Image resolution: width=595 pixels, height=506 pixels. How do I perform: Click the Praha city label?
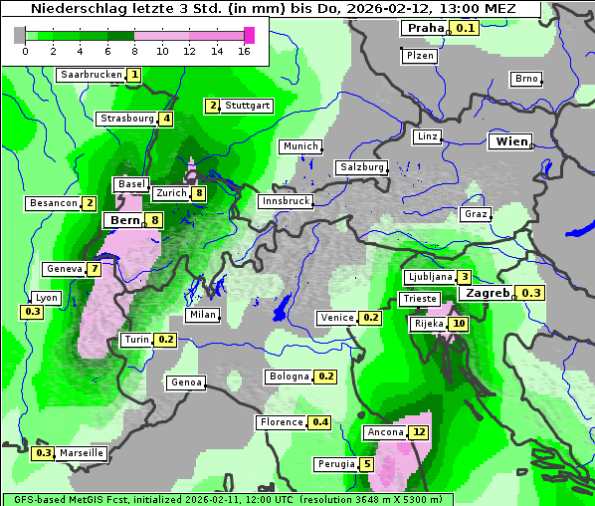(425, 28)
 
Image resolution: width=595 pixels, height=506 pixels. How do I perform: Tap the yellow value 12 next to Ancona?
(418, 432)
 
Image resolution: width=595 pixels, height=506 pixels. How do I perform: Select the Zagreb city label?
(487, 293)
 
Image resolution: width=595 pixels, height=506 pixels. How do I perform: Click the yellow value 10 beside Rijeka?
(458, 324)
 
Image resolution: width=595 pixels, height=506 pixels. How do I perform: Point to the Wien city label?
(510, 142)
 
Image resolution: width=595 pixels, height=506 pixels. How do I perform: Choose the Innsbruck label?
(286, 201)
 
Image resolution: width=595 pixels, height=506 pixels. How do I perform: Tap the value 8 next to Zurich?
(199, 193)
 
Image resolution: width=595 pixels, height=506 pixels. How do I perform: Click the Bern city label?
(124, 220)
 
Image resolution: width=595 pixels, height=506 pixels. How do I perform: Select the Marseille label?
(82, 453)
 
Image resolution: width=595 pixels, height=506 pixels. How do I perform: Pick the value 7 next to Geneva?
(95, 269)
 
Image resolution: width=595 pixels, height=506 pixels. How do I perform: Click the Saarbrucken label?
(92, 75)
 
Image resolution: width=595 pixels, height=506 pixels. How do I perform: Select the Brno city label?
(526, 79)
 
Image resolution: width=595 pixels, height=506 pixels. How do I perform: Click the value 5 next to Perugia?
(367, 464)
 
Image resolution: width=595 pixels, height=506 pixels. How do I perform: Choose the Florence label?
(282, 422)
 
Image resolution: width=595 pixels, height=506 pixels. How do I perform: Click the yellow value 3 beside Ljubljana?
(464, 277)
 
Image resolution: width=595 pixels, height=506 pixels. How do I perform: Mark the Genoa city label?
(187, 382)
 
